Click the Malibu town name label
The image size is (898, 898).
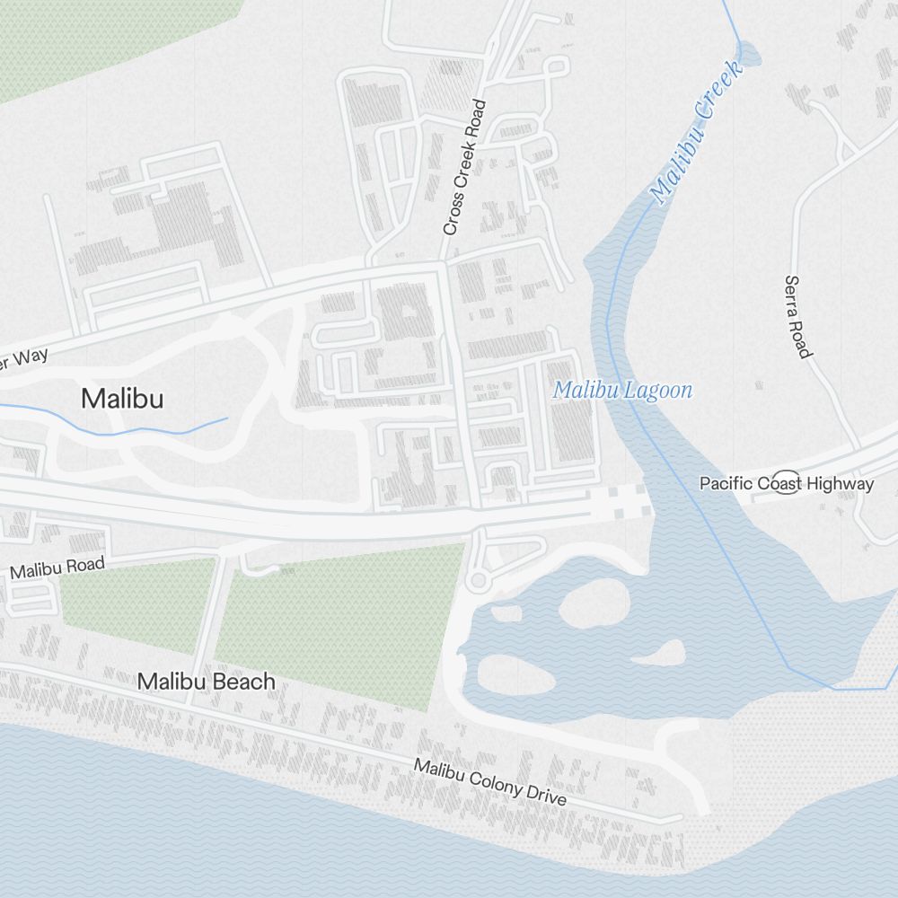click(122, 398)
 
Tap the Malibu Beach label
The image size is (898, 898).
click(206, 682)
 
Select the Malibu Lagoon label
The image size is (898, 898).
click(622, 391)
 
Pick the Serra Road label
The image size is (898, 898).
click(797, 316)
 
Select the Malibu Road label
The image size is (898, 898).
click(57, 567)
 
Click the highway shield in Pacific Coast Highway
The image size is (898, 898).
click(788, 483)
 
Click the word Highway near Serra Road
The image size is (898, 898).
click(840, 484)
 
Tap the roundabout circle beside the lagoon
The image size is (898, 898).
click(477, 581)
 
